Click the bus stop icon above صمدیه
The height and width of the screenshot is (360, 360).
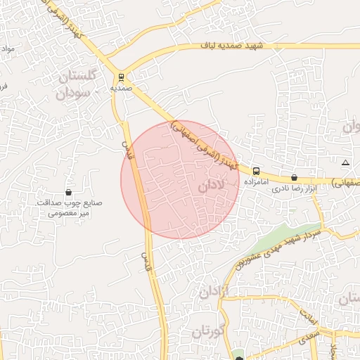121,77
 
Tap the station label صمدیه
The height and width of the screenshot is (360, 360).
121,89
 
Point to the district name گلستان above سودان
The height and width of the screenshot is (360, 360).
72,76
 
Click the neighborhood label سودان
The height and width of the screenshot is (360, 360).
75,92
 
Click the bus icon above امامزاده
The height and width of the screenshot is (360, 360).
255,171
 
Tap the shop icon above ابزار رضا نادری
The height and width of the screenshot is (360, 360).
294,177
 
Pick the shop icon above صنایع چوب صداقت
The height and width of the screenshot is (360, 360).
68,192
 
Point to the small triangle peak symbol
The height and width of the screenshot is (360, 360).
345,163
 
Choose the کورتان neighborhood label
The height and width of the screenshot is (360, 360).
207,331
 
